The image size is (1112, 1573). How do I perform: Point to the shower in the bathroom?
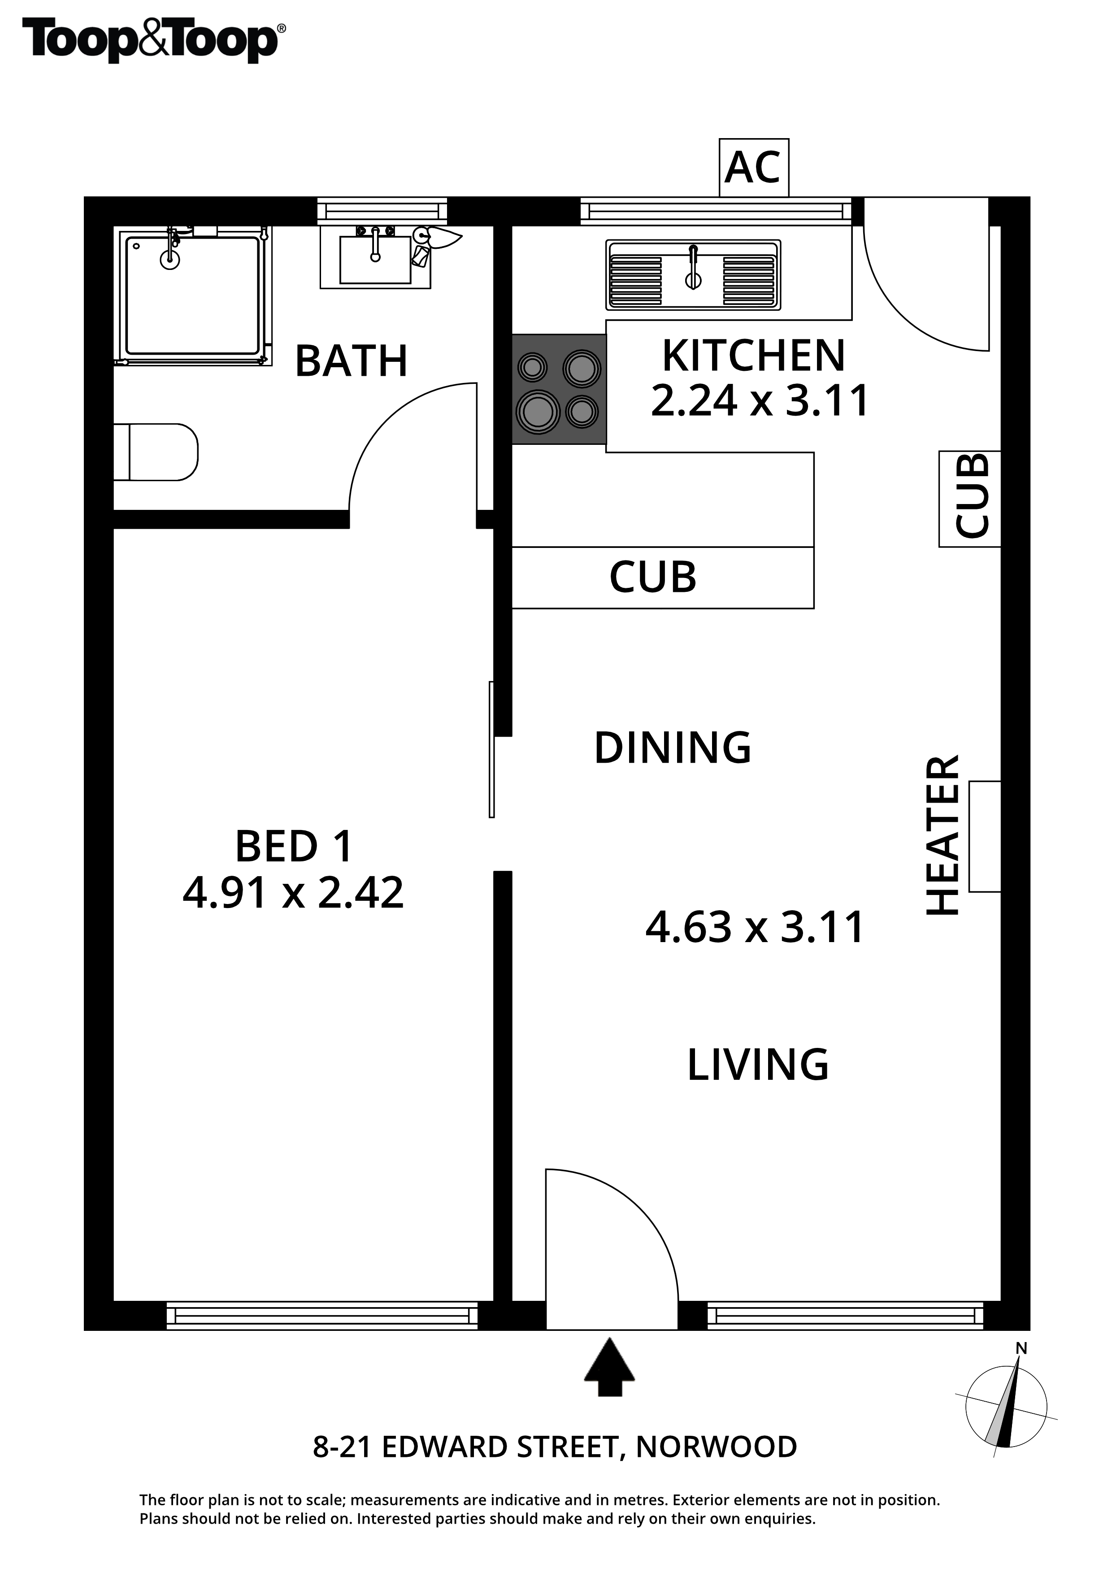[193, 295]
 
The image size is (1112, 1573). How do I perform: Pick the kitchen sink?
[693, 275]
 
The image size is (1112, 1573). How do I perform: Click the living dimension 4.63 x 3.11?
[755, 928]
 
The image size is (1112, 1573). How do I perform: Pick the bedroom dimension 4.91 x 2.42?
[293, 893]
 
